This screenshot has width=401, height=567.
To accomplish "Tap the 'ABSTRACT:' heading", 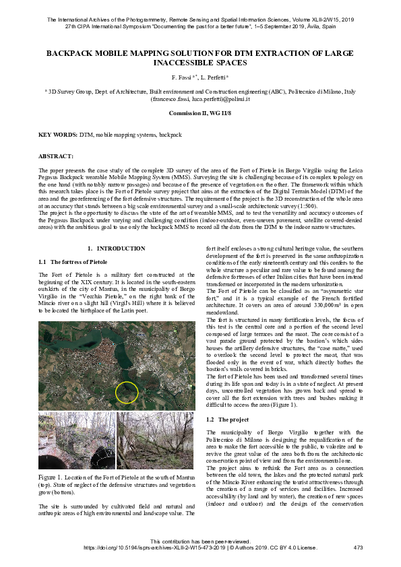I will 55,156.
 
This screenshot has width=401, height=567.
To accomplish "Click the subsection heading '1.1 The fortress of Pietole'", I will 73,261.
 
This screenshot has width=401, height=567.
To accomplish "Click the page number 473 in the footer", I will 358,548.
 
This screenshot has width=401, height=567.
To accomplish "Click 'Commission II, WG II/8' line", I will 200,112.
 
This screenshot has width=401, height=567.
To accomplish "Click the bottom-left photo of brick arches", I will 76,440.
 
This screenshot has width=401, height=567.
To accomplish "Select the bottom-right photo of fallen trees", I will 156,440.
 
